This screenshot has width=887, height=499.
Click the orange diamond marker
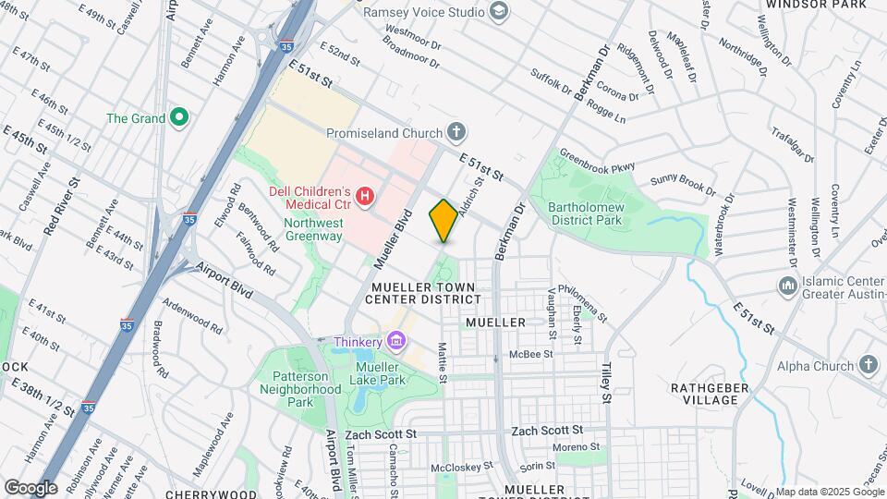tap(443, 220)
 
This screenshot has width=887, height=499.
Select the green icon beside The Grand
tap(180, 118)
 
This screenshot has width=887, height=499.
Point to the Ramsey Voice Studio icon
tap(500, 12)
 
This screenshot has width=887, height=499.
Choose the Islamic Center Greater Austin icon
tap(787, 286)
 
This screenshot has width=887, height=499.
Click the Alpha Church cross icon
tap(868, 365)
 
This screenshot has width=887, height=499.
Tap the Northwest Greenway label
tap(313, 229)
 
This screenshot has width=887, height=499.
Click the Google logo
tap(30, 487)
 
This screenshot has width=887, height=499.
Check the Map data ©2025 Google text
tap(828, 492)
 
